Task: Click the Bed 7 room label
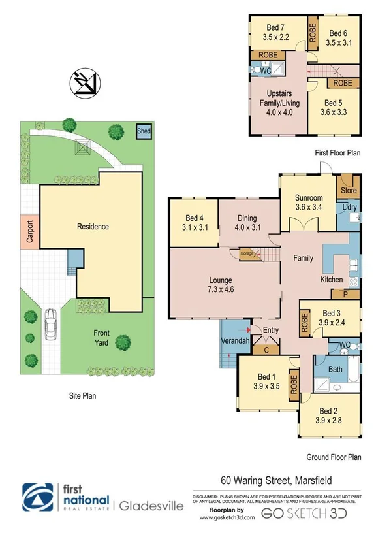pos(274,32)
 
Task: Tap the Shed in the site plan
pos(142,131)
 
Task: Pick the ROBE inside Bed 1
pos(293,385)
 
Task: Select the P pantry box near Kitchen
pos(345,293)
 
